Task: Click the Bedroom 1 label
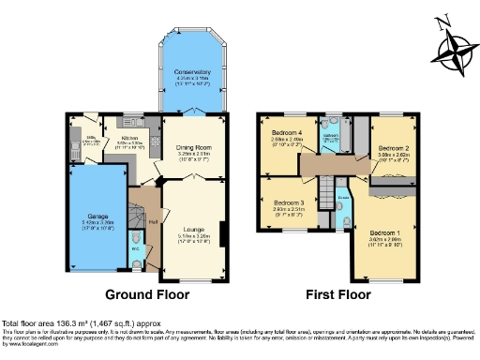[x=383, y=232]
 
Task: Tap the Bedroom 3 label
[x=289, y=203]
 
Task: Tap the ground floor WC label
[x=135, y=249]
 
